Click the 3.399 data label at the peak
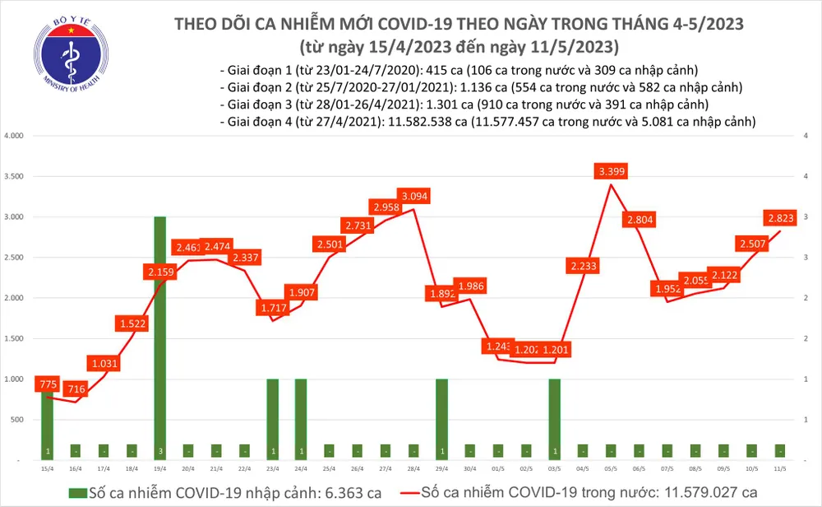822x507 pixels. click(x=611, y=172)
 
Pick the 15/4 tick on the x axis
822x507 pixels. click(x=47, y=468)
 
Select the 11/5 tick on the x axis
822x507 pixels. click(x=777, y=468)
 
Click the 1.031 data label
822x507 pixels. click(x=104, y=363)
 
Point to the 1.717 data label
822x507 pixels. click(x=273, y=308)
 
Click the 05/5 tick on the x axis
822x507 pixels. click(x=610, y=468)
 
